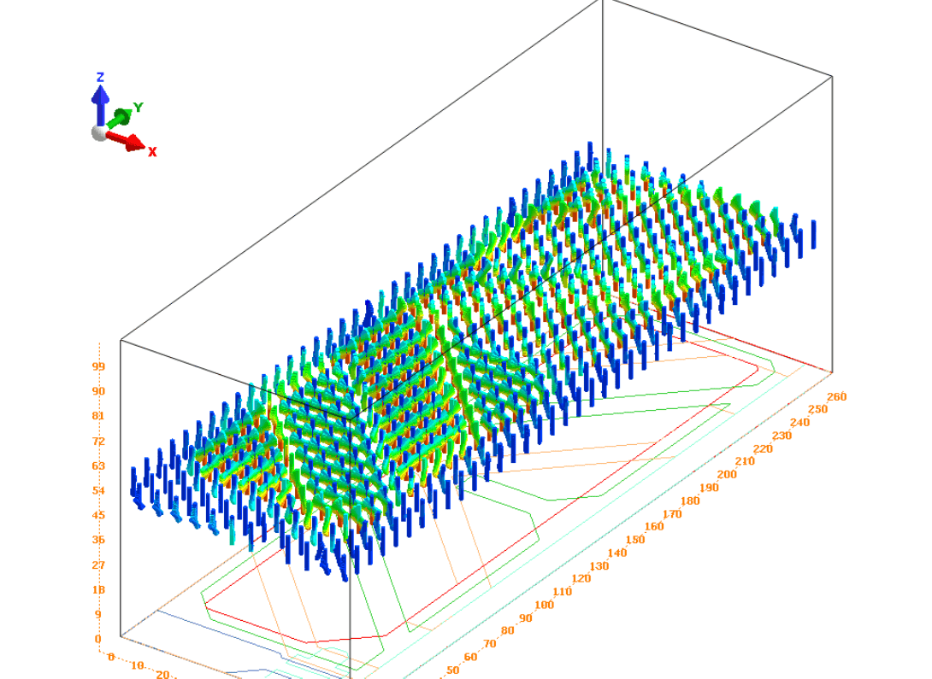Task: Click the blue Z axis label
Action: [100, 77]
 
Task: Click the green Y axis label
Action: [139, 108]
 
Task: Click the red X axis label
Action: [152, 152]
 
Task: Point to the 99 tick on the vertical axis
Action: [98, 366]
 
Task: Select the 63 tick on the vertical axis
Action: [98, 465]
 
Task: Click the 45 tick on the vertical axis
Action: [98, 515]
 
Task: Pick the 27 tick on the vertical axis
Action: [98, 565]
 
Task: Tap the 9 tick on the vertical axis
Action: [98, 614]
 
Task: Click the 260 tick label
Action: [836, 396]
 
